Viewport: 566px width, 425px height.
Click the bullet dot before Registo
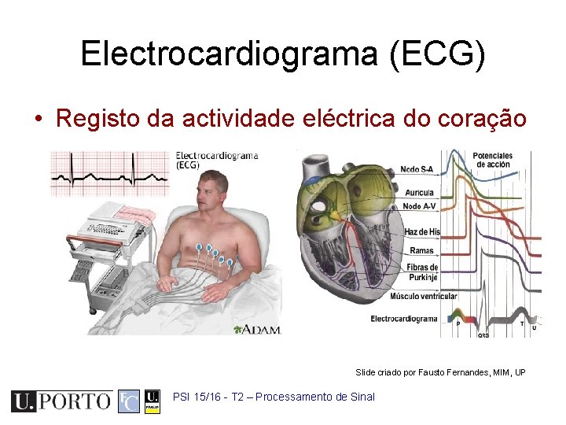click(37, 119)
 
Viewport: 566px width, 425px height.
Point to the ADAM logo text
click(257, 329)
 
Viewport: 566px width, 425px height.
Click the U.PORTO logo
click(61, 401)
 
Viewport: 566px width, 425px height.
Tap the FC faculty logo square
click(128, 401)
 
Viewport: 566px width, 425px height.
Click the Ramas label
click(421, 251)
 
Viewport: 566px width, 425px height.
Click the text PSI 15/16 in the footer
click(197, 397)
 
